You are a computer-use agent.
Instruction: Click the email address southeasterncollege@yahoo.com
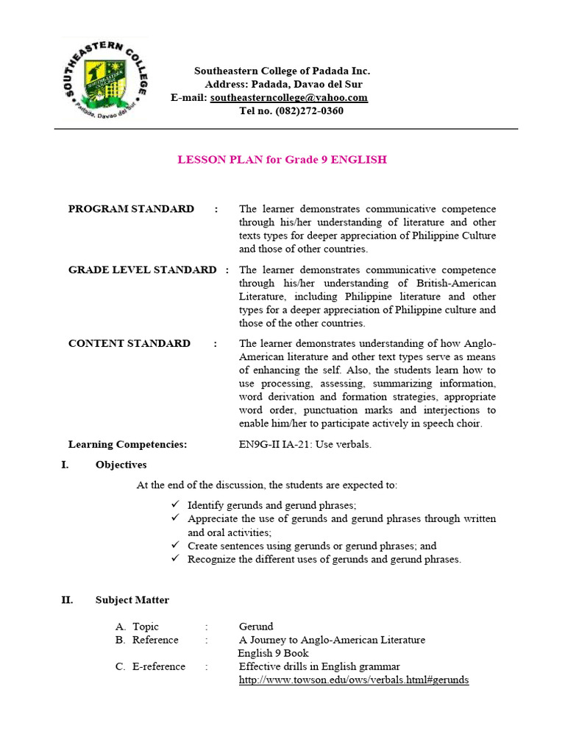(x=288, y=98)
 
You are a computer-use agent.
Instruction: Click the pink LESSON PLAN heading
(x=282, y=159)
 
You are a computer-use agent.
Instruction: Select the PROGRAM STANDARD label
(x=131, y=209)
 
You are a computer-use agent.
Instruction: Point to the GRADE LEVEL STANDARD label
(x=142, y=270)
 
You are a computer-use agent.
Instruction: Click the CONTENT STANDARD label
(x=129, y=344)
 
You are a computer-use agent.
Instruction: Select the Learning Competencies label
(x=127, y=445)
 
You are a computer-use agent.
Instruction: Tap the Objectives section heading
(x=121, y=465)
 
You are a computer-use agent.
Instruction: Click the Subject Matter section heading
(x=132, y=600)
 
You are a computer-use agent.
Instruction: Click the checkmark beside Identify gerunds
(x=175, y=505)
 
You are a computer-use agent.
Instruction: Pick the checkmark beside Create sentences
(x=175, y=546)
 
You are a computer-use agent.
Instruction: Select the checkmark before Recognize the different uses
(x=175, y=559)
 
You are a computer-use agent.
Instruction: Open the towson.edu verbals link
(x=353, y=680)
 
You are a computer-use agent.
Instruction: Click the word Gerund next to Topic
(x=256, y=627)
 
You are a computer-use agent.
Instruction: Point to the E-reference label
(x=159, y=666)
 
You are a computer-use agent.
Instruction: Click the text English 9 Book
(x=273, y=653)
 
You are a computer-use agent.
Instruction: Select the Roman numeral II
(x=67, y=600)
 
